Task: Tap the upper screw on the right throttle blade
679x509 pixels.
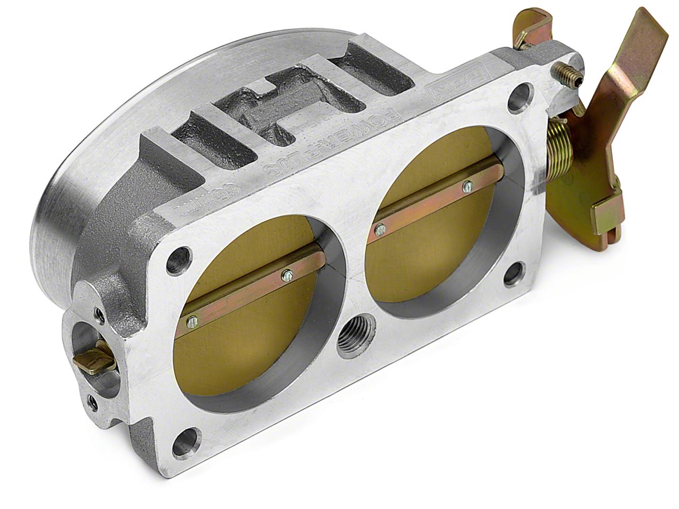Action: [467, 185]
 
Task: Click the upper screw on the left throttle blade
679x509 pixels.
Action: [287, 274]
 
